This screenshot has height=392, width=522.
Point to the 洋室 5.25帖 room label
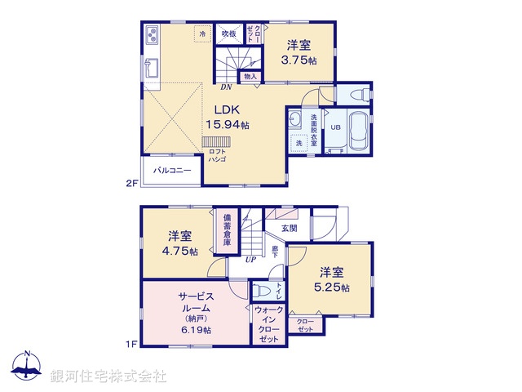(x=334, y=279)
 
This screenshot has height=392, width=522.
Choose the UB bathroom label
(x=334, y=127)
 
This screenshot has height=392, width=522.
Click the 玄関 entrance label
(x=290, y=228)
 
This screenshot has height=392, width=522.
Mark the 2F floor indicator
(x=130, y=185)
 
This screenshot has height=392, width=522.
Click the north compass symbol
(x=29, y=367)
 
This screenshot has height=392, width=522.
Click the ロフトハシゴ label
(x=217, y=155)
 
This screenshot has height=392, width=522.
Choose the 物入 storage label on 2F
(x=250, y=77)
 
